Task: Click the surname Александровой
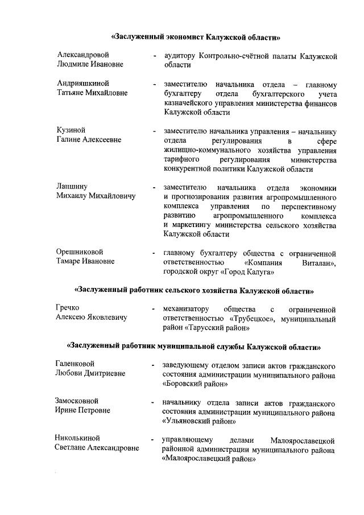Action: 82,55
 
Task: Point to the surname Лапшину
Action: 72,186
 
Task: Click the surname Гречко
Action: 67,308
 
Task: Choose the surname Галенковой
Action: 75,364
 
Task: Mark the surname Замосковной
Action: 77,401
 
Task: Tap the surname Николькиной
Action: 77,438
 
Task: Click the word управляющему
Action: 187,439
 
